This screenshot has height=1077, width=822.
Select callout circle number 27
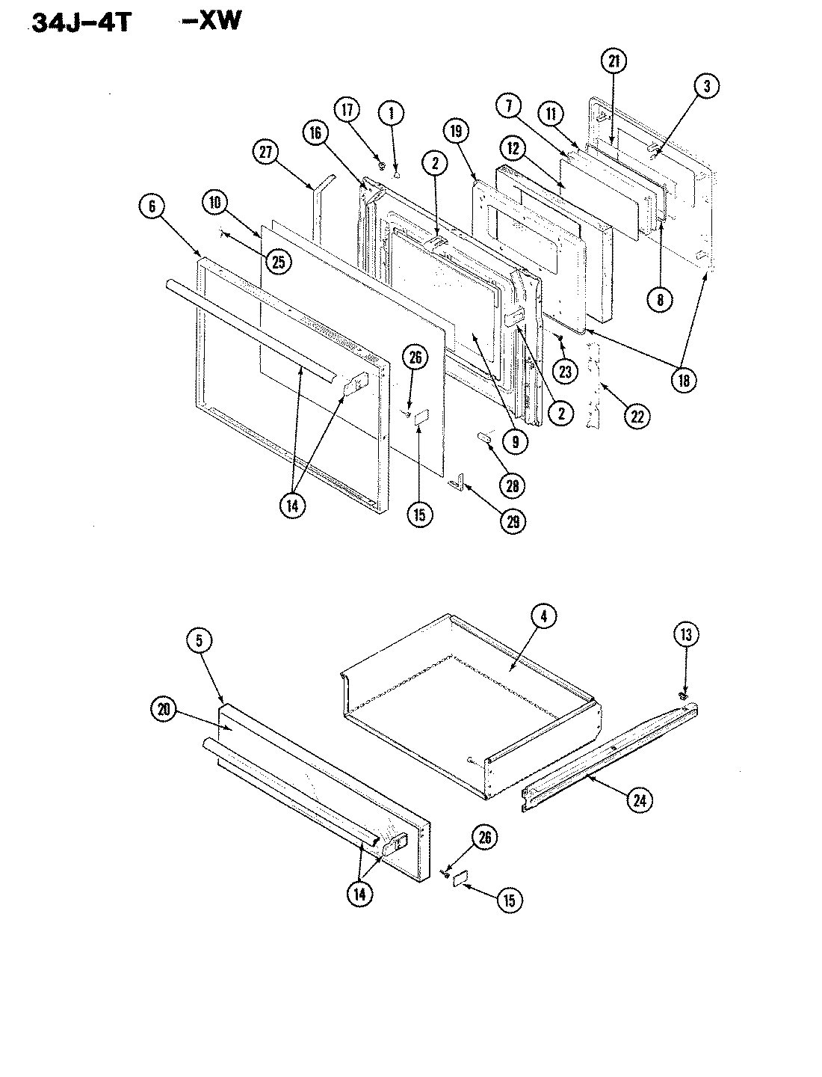click(265, 153)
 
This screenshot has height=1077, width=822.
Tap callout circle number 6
click(152, 206)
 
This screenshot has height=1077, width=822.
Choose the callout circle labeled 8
click(660, 299)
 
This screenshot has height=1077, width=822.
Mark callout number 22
click(637, 415)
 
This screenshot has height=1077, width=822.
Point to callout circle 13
click(686, 635)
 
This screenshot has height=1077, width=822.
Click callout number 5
click(200, 640)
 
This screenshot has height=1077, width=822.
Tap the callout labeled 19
click(457, 132)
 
